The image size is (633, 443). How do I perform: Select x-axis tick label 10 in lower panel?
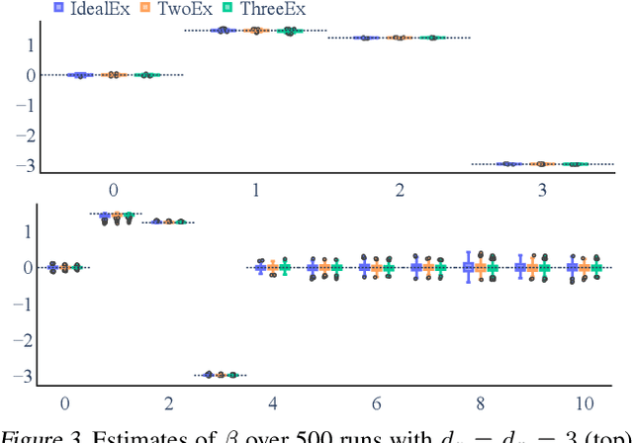coord(583,402)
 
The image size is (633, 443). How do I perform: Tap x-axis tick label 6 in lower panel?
coord(376,402)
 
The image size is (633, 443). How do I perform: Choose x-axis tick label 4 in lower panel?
coord(273,402)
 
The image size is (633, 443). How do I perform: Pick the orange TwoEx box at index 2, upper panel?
coord(400,38)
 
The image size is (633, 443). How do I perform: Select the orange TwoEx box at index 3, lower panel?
coord(221,375)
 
